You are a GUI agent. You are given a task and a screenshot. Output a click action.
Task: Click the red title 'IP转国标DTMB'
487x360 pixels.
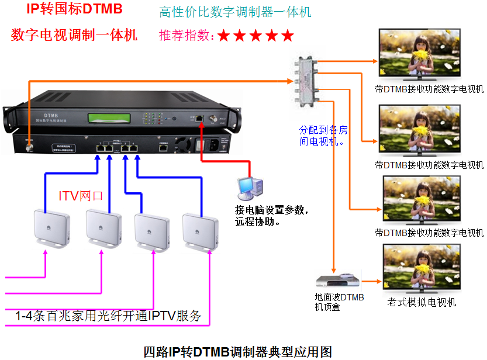tap(74, 9)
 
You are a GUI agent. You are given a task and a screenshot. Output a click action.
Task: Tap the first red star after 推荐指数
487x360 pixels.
tap(224, 36)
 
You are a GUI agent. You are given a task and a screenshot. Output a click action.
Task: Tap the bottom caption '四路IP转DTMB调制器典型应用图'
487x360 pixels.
tap(239, 351)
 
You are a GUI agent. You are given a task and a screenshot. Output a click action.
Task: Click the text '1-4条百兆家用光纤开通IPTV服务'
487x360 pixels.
tap(108, 316)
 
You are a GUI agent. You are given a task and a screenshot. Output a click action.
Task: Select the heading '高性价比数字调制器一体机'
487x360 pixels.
tap(235, 12)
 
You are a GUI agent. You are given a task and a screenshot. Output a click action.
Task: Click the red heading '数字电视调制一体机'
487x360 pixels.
tap(74, 35)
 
